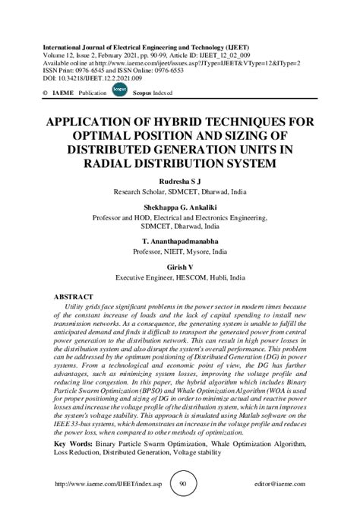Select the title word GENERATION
[191, 150]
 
